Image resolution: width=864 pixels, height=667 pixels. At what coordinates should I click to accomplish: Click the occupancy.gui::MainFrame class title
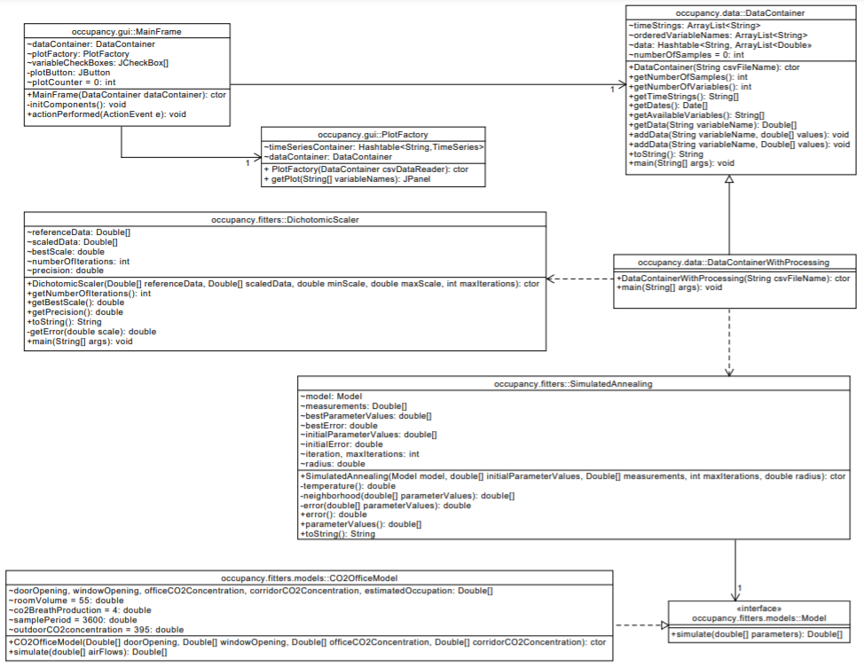[128, 31]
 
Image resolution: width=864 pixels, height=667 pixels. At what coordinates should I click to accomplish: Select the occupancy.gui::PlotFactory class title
[373, 134]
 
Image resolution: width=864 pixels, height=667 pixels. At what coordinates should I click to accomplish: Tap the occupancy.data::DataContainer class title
[727, 14]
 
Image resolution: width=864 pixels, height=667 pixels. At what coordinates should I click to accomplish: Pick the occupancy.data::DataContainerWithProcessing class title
[734, 263]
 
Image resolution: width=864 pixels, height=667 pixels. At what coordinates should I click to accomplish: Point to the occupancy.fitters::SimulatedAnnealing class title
[573, 384]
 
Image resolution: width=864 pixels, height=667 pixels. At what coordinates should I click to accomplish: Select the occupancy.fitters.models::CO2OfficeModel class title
[310, 577]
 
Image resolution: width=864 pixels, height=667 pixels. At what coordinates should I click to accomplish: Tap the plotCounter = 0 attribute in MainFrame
[72, 82]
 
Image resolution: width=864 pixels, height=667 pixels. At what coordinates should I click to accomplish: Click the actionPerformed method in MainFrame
[106, 114]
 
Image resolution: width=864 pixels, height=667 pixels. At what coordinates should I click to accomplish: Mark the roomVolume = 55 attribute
[66, 600]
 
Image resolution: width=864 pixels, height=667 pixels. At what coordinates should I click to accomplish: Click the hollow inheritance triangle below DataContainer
[728, 179]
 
